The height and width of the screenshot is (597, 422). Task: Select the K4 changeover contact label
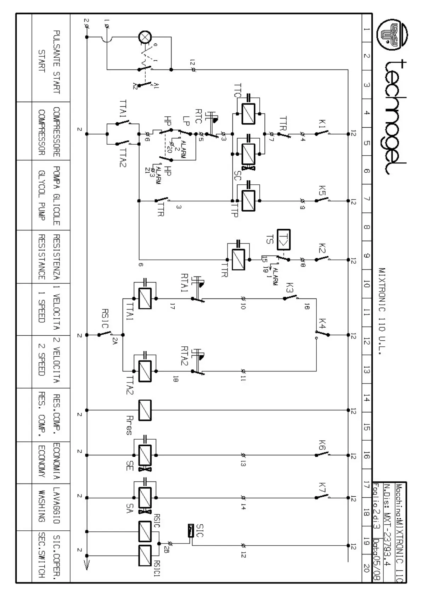(x=322, y=323)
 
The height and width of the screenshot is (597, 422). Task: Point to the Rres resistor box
(x=145, y=410)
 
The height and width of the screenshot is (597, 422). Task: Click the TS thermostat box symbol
(x=284, y=239)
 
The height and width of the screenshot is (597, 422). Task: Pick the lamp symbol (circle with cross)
(x=145, y=37)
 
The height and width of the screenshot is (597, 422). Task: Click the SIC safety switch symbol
(x=191, y=530)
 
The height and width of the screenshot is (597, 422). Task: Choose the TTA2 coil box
(x=145, y=371)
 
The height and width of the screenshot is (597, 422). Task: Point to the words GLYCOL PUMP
(x=41, y=195)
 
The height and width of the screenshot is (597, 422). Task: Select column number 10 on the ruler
(x=367, y=284)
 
